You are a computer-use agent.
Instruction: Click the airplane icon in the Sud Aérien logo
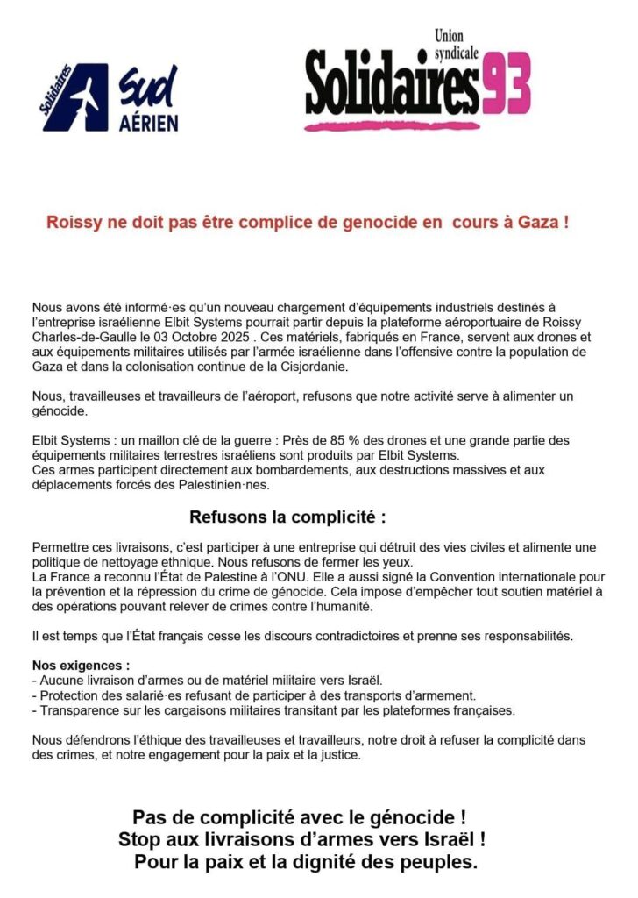tap(77, 97)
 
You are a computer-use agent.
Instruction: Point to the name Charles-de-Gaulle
tap(79, 336)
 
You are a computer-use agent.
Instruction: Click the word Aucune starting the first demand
tap(60, 681)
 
